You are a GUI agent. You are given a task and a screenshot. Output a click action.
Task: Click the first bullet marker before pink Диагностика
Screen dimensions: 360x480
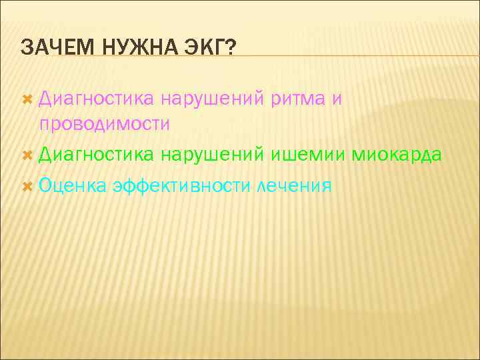click(27, 99)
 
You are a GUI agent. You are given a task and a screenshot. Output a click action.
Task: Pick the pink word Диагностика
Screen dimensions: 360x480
click(97, 99)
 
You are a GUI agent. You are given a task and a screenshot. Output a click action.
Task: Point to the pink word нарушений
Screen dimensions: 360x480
click(213, 99)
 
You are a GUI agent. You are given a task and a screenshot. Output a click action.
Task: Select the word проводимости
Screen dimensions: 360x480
click(105, 124)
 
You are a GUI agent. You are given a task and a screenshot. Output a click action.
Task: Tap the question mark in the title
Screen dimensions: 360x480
click(231, 48)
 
